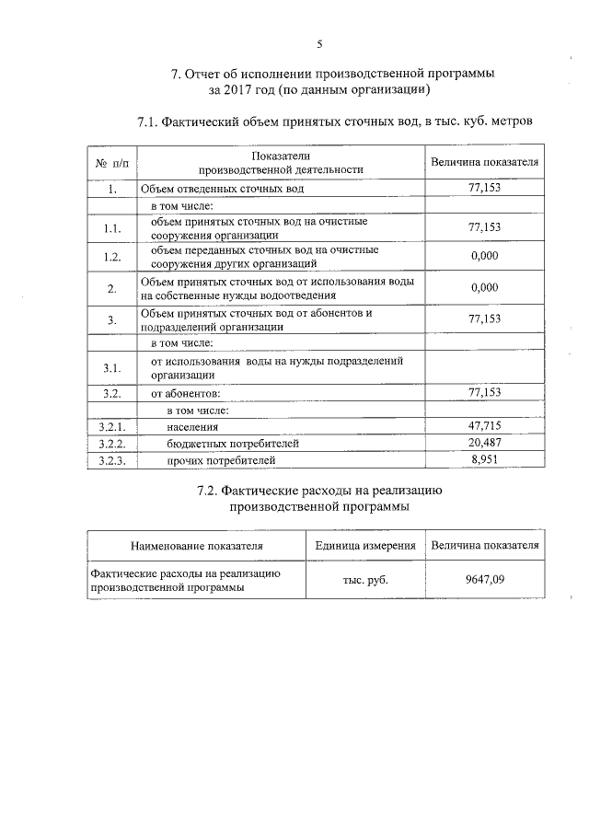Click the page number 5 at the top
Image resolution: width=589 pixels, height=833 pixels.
tap(320, 43)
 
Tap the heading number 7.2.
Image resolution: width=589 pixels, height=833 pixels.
tap(212, 491)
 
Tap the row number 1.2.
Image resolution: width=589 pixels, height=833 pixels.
tap(111, 256)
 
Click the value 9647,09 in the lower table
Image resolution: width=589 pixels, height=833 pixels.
tap(485, 580)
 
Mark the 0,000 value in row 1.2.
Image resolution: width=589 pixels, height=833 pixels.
tap(484, 256)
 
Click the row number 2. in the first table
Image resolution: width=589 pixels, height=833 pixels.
tap(111, 288)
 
